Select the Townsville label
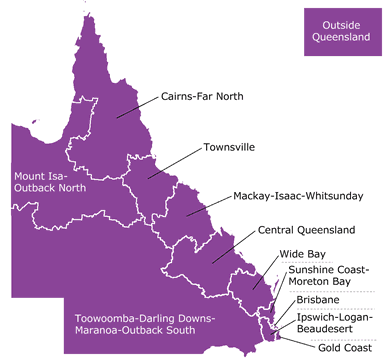click(x=229, y=147)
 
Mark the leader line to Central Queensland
click(x=236, y=244)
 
